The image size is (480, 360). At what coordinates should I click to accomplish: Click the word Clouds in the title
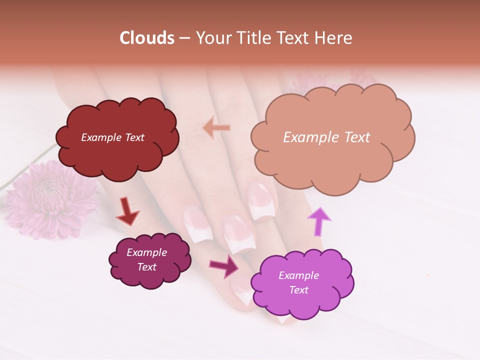coord(147,38)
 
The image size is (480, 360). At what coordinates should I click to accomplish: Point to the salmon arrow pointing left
coord(216,128)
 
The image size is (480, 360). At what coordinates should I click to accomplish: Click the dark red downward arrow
coord(127,211)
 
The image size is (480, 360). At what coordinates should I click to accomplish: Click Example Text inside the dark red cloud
coord(112,137)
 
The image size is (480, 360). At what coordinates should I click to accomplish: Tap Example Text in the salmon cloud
coord(326,137)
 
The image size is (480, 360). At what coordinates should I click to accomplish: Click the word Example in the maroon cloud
coord(146,252)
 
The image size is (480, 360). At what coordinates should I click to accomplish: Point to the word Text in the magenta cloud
coord(298,290)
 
